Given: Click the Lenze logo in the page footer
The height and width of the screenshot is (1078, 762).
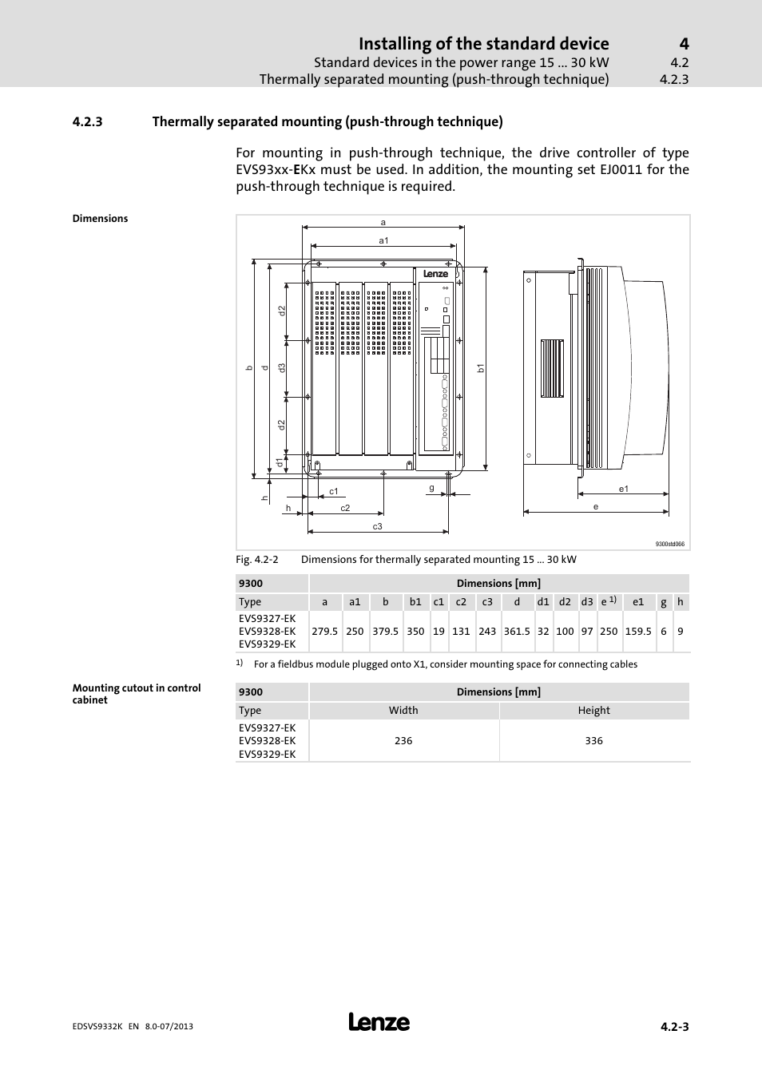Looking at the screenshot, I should point(379,1022).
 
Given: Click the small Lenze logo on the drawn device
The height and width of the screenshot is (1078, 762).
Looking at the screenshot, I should point(435,274).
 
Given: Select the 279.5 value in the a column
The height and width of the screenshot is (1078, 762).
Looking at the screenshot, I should point(324,631).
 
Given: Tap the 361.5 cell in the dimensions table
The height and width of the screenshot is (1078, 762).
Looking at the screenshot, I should point(517,631).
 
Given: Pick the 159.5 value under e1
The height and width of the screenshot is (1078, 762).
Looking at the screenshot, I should point(638,631).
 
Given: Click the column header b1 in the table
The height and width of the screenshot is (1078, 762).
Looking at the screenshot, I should point(415,602).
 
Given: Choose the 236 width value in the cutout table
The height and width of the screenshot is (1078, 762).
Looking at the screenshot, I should point(403,740).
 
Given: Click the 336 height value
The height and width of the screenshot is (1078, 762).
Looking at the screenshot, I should point(593,740).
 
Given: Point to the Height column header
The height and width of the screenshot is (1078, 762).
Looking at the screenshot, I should point(593,710).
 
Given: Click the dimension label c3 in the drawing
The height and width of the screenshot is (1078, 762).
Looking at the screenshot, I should point(378,526).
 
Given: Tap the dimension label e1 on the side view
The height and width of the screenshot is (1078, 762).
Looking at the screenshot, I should point(624,489).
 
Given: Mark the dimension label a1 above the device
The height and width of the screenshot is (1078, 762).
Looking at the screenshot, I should point(383,240).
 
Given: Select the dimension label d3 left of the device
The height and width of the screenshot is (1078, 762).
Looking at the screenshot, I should point(282,368).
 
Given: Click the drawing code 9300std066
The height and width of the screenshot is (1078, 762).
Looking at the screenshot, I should point(669,544).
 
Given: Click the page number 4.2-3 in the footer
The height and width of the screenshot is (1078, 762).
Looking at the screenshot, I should point(674,1027).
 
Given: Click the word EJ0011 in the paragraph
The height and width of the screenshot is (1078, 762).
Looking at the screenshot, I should point(621,169).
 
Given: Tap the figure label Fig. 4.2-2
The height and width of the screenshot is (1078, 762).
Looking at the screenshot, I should point(256,559).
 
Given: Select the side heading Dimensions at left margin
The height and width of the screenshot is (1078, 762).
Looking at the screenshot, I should point(100,218).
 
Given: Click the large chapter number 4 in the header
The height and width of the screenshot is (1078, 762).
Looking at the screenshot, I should point(684,43).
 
